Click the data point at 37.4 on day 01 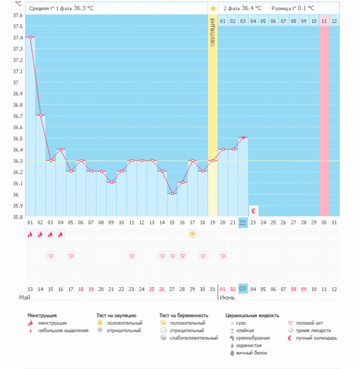coord(30,37)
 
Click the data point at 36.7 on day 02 coord(41,115)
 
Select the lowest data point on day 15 coord(173,193)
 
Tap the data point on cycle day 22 coord(243,137)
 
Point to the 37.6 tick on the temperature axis coord(18,15)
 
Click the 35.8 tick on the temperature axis coord(18,217)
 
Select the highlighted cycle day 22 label coord(243,222)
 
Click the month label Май coord(24,298)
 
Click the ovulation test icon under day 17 coord(192,234)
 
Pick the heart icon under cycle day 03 coord(51,256)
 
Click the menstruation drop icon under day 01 coord(30,234)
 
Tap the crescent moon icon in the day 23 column coord(253,210)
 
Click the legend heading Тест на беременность coord(184,315)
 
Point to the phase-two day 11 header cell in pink coord(324,21)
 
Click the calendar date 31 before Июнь coord(212,288)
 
